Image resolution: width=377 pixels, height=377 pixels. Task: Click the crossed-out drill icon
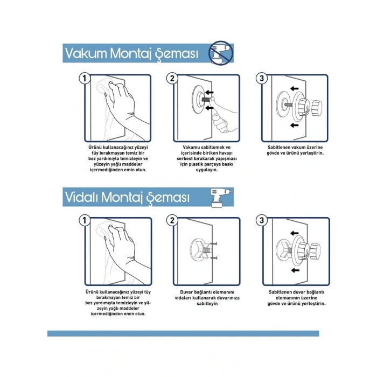pos(221,52)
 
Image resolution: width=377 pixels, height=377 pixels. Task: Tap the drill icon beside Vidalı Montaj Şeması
pos(220,198)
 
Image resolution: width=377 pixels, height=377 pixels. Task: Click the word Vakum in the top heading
pos(86,53)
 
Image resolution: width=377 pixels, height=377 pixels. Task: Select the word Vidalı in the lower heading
pos(81,197)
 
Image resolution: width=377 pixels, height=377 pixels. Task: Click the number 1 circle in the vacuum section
pos(85,79)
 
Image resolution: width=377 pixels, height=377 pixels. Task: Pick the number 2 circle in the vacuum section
pos(172,79)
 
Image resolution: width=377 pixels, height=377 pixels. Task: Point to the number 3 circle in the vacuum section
pos(262,79)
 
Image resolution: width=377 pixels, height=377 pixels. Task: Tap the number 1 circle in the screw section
pos(85,220)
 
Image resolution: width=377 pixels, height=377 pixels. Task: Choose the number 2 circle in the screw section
pos(172,220)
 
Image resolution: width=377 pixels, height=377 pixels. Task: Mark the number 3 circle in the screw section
pos(262,220)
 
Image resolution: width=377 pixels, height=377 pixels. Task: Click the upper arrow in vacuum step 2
pos(210,92)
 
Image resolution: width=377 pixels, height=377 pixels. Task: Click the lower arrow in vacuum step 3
pos(294,125)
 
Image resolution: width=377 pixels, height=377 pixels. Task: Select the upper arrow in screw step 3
pos(294,233)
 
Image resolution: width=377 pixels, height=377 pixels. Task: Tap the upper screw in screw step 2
pos(214,244)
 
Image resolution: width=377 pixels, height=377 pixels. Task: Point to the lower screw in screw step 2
pos(214,258)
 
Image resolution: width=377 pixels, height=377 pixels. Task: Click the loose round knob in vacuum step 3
pos(317,108)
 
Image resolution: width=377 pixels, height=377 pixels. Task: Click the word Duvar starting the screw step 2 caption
pos(187,292)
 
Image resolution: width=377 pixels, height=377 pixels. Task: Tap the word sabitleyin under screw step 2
pos(207,303)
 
